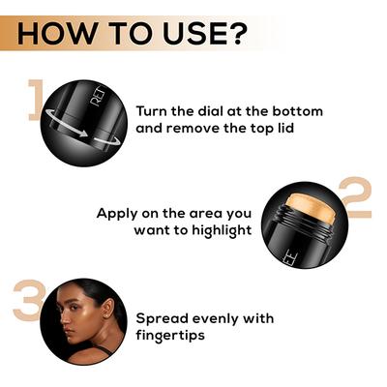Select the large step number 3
pyautogui.click(x=27, y=300)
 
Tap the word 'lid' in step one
pyautogui.click(x=308, y=129)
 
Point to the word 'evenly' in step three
pyautogui.click(x=222, y=318)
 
